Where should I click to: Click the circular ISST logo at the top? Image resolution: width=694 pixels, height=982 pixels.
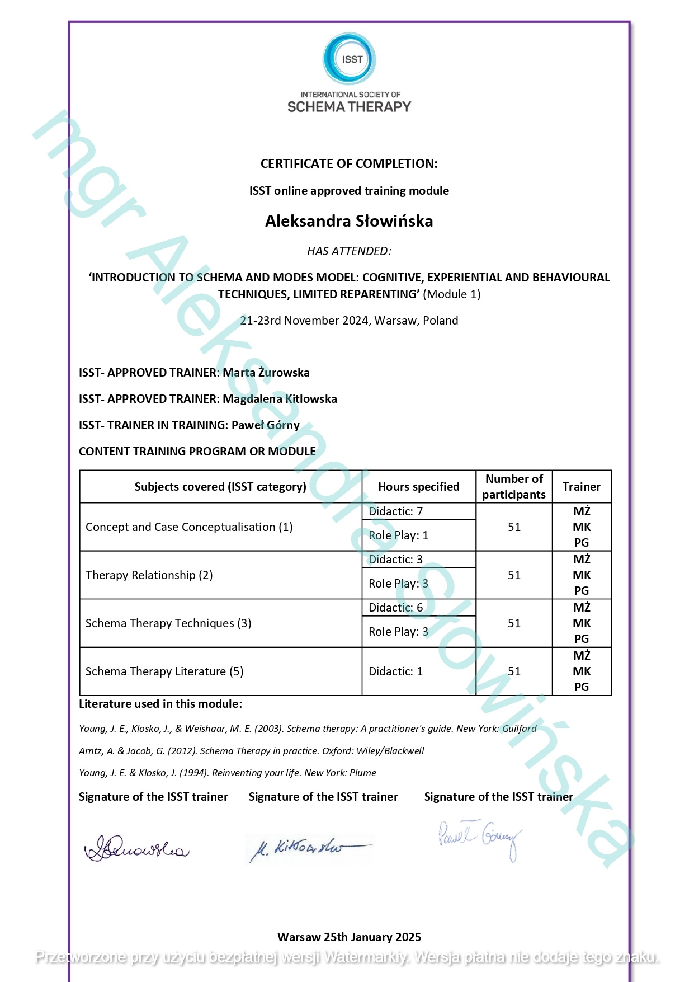(x=350, y=59)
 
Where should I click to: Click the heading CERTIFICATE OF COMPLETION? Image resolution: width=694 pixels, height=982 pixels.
(x=349, y=163)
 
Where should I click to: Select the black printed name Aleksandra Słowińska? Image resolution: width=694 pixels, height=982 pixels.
(x=349, y=221)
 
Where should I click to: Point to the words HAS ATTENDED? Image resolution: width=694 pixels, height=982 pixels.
(x=349, y=251)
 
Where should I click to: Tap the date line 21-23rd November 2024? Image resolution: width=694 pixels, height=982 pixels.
(x=349, y=321)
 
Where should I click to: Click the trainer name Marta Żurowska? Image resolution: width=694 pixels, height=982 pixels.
(x=266, y=373)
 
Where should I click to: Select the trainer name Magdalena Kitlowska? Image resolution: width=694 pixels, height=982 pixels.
(x=280, y=399)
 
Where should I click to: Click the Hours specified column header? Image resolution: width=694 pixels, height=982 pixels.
(x=418, y=487)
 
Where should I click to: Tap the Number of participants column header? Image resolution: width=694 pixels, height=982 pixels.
(x=514, y=487)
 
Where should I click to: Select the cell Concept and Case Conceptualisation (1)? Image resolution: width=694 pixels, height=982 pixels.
(x=189, y=527)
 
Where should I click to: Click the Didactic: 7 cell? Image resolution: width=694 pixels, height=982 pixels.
(x=396, y=511)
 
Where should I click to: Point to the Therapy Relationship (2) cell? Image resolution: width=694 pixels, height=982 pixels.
(x=149, y=575)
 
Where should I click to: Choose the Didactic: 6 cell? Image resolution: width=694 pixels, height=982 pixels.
(x=396, y=608)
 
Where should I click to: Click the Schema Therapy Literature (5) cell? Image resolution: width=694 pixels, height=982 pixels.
(x=164, y=671)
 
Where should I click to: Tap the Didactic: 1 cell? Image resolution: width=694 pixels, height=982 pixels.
(x=396, y=671)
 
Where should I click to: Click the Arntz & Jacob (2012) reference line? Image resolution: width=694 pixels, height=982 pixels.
(x=252, y=751)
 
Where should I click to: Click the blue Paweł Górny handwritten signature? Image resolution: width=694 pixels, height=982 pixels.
(x=480, y=838)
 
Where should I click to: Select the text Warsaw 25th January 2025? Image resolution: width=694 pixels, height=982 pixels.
(x=349, y=937)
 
